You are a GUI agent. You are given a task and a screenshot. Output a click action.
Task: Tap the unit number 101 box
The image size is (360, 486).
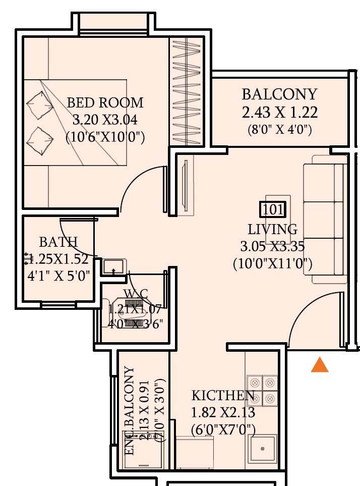pyautogui.click(x=273, y=209)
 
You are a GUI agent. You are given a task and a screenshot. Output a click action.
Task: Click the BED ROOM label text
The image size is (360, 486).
pyautogui.click(x=105, y=103)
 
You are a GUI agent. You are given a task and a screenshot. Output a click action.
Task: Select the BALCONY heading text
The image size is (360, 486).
pyautogui.click(x=279, y=94)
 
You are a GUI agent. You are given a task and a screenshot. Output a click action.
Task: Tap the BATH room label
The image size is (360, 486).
pyautogui.click(x=58, y=242)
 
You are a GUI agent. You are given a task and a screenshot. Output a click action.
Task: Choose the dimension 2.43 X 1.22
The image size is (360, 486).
pyautogui.click(x=279, y=112)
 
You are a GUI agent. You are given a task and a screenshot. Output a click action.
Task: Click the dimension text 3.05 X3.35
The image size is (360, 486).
pyautogui.click(x=273, y=246)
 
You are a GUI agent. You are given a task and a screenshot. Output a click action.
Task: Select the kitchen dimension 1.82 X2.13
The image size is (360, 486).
pyautogui.click(x=223, y=413)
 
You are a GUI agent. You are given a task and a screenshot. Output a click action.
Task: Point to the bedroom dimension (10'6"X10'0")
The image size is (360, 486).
pyautogui.click(x=105, y=137)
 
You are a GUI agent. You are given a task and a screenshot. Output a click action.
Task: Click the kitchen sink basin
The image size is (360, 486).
pyautogui.click(x=263, y=448)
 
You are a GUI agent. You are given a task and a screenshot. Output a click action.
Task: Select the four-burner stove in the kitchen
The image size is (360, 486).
pyautogui.click(x=262, y=390)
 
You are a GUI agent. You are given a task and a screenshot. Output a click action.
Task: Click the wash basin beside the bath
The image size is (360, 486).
pyautogui.click(x=113, y=266)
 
